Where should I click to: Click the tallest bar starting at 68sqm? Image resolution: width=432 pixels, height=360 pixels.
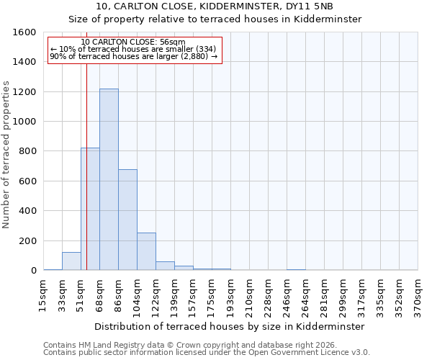109,179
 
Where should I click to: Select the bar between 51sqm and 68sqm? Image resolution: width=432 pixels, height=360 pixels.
90,209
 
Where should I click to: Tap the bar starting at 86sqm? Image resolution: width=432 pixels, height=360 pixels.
127,220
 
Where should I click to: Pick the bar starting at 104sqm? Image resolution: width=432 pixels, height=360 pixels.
146,251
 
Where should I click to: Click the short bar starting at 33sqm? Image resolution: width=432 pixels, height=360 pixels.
71,261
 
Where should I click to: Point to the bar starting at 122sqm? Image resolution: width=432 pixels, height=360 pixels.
165,266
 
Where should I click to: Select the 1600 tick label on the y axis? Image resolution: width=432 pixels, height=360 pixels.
24,32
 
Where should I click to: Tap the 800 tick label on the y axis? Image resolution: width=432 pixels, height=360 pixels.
27,151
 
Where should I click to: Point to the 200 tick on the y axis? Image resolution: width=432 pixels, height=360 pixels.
27,240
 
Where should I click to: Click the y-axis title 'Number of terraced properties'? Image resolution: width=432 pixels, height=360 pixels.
6,155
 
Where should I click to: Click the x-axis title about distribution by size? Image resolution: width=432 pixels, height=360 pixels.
230,326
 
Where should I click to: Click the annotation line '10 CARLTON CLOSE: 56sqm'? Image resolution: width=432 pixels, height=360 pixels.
133,42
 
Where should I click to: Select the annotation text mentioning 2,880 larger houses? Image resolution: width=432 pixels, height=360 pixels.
133,56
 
